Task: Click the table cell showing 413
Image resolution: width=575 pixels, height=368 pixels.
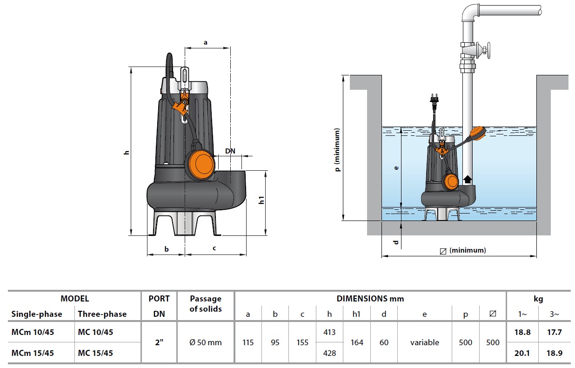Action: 329,332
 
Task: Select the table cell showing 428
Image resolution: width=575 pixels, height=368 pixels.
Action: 329,353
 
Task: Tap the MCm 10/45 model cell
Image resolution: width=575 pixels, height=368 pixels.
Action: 32,332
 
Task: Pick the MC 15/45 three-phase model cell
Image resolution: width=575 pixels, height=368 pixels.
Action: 95,353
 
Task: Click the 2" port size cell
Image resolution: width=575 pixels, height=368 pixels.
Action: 159,342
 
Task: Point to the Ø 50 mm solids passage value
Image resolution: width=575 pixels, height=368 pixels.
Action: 206,342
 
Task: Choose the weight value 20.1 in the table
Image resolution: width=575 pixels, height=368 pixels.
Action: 522,353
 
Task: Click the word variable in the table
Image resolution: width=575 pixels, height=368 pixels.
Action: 424,342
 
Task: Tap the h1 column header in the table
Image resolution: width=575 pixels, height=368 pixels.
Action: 356,314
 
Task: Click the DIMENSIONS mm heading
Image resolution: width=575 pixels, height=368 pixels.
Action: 370,299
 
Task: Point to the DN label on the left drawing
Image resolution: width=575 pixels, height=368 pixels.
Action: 230,151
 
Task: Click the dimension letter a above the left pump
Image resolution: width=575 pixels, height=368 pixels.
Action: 205,42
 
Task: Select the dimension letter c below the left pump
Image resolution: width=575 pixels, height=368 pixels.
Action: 214,248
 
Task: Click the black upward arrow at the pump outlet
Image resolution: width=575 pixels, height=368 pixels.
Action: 467,180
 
